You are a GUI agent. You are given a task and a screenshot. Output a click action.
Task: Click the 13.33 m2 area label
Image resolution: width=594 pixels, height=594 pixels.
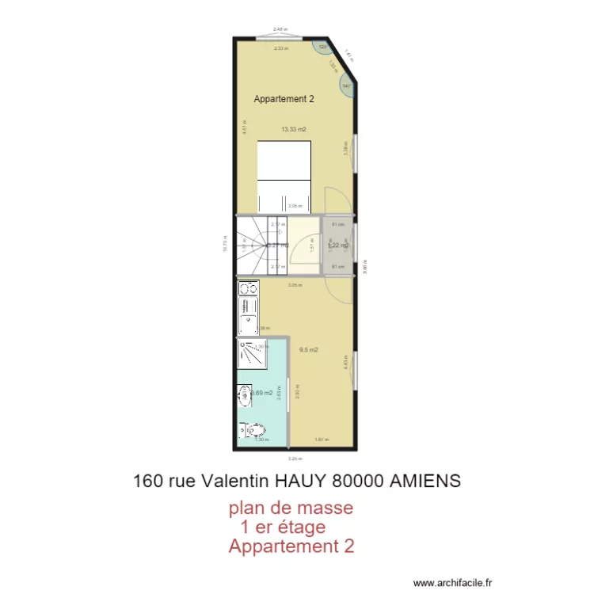click(x=293, y=129)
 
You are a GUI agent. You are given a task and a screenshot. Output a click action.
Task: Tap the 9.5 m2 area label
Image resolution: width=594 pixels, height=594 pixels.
click(x=308, y=349)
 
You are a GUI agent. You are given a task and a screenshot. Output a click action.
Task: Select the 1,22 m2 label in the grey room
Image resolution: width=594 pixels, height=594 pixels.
click(x=338, y=246)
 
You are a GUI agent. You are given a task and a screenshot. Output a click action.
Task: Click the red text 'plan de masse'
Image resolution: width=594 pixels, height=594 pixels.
click(x=291, y=507)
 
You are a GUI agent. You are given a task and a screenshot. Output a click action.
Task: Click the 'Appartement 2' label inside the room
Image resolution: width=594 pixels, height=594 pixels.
click(x=284, y=99)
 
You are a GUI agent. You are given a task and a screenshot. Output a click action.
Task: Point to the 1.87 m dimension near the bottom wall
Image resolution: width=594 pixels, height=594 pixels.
click(x=321, y=440)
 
